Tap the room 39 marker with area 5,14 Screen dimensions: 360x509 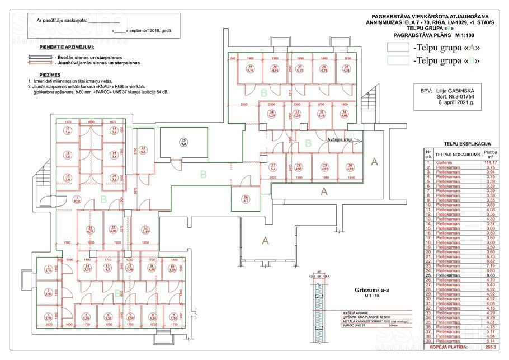click(251, 69)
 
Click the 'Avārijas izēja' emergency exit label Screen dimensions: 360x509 click(342, 141)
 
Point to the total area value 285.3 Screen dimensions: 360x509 click(492, 348)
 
